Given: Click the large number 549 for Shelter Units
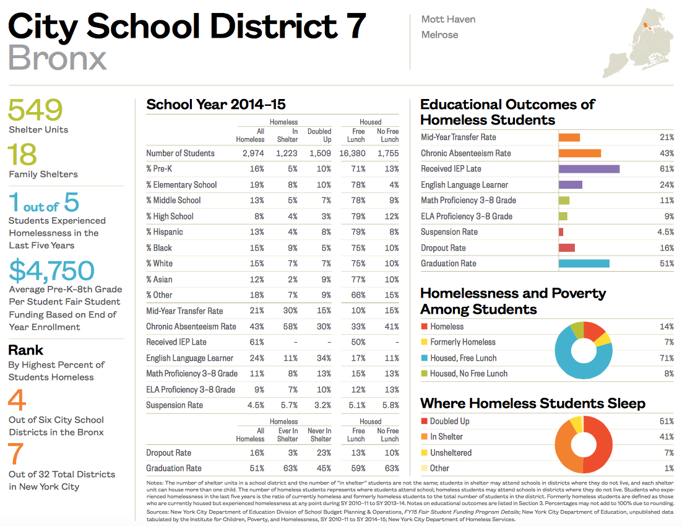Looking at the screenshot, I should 35,110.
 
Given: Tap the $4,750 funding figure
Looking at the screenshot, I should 51,271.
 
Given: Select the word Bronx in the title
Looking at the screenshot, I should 58,58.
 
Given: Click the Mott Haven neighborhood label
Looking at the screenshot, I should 448,19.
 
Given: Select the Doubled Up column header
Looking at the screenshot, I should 319,136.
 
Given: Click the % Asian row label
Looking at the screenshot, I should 159,279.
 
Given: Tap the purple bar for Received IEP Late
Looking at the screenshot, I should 589,169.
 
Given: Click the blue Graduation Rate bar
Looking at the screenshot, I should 584,264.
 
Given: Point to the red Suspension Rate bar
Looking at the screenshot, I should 561,232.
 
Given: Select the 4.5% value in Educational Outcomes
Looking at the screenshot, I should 665,232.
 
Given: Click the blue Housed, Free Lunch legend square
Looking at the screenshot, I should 424,358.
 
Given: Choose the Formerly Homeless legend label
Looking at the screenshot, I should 463,342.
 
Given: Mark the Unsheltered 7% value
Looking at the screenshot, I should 668,453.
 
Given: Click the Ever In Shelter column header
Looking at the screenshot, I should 287,435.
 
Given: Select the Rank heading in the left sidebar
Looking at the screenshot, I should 25,350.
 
